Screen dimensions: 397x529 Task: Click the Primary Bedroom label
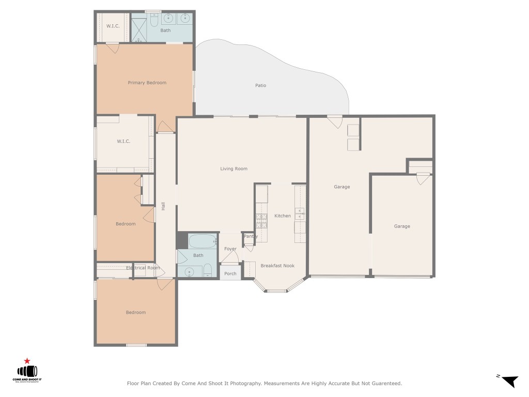point(147,83)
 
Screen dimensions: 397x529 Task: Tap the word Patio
point(260,85)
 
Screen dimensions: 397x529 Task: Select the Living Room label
point(234,169)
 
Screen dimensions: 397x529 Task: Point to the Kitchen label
point(282,216)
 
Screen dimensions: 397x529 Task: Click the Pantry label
point(251,236)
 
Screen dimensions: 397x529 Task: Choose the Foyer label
point(230,249)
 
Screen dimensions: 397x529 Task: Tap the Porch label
point(230,273)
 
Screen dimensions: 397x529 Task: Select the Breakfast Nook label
point(277,266)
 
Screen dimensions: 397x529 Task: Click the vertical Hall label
point(163,206)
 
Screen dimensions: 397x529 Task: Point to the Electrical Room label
point(143,268)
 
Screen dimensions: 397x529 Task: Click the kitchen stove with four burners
point(261,221)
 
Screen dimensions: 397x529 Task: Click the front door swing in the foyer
point(230,259)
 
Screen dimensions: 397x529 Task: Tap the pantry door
point(248,247)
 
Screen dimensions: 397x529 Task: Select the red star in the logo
point(26,361)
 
